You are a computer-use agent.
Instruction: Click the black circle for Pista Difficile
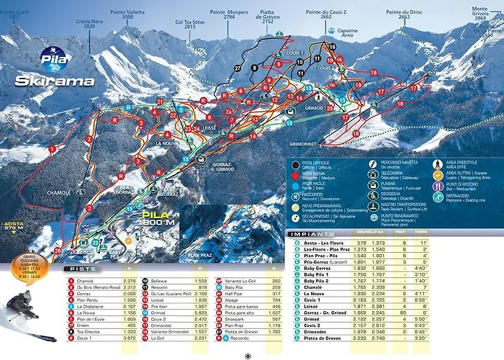295,166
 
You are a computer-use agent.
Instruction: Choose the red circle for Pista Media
295,174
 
